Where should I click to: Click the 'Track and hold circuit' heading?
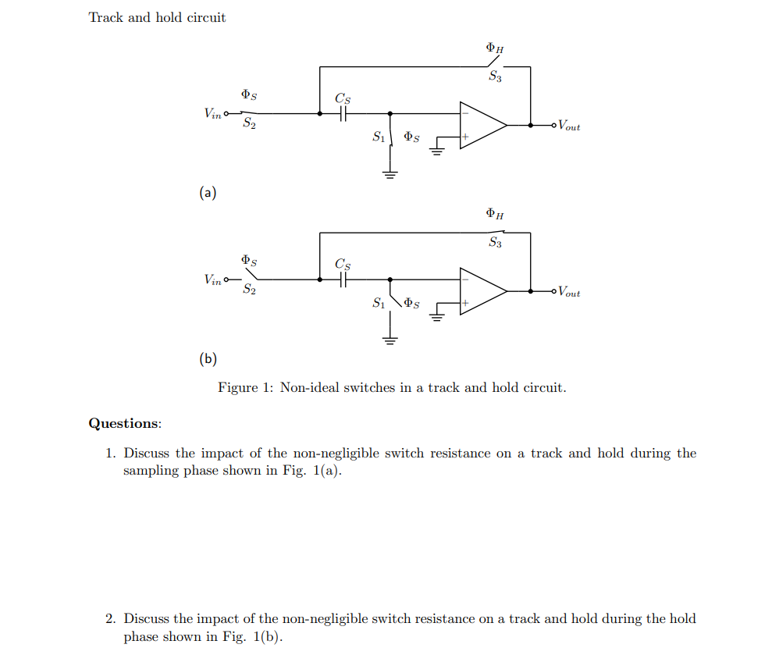pos(157,17)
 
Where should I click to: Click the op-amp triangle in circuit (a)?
pos(481,125)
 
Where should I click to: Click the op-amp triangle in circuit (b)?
pos(481,291)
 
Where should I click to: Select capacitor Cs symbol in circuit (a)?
pos(343,113)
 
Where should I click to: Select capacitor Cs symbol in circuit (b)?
pos(343,279)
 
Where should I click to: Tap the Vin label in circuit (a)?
pos(212,113)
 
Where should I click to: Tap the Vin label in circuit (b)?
pos(212,279)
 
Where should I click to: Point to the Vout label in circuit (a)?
pos(568,126)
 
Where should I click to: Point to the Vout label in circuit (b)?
pos(568,292)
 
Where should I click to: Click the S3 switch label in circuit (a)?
pos(495,77)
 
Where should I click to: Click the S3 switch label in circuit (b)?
pos(495,243)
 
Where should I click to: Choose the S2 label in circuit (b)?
pos(249,290)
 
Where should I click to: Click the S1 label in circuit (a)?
pos(379,137)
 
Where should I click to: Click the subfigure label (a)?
pos(208,192)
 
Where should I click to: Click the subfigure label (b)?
pos(208,358)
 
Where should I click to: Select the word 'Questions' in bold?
pos(123,423)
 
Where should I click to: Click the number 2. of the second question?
pos(112,619)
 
